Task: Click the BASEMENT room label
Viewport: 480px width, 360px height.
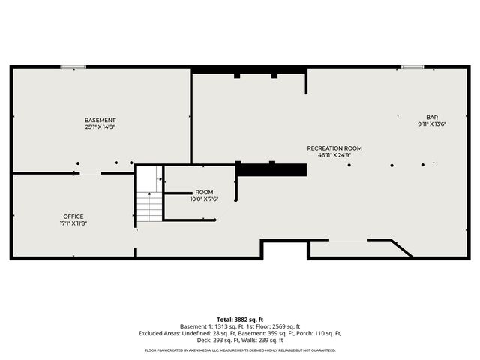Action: coord(100,121)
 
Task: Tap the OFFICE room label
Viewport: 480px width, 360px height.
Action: coord(73,217)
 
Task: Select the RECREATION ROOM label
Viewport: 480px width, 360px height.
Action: coord(334,148)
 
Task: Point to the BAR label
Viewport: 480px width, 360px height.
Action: coord(432,118)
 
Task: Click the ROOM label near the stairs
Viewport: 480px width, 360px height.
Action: coord(204,193)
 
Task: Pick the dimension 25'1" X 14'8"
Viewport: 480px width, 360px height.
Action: coord(100,127)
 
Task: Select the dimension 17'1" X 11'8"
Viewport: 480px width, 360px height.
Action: coord(73,223)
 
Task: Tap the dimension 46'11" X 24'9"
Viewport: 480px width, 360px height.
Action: coord(334,155)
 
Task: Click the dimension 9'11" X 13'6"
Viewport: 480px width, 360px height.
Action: coord(432,124)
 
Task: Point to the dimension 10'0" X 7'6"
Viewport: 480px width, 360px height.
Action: coord(204,199)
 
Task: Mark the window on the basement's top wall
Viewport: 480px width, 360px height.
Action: coord(73,67)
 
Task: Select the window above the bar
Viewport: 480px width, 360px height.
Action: coord(412,67)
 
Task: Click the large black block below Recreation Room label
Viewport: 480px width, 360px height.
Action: coord(271,170)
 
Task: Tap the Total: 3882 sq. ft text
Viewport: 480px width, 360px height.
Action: coord(240,319)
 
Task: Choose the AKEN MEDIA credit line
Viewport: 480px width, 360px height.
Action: coord(240,350)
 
